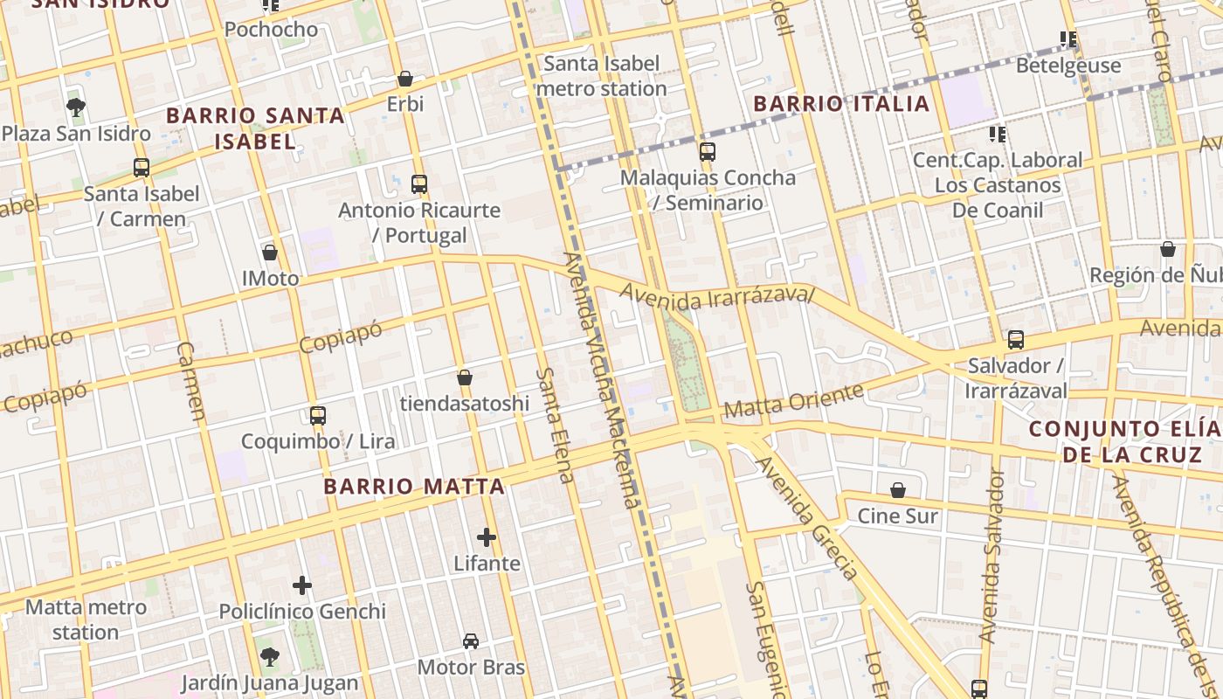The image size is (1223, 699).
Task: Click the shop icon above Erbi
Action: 404,79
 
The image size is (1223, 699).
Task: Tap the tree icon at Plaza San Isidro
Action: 76,107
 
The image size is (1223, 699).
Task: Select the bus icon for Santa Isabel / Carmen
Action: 142,167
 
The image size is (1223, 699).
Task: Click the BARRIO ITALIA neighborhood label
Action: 841,104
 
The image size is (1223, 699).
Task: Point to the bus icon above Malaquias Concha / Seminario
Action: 708,152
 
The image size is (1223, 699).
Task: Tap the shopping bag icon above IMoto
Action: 270,253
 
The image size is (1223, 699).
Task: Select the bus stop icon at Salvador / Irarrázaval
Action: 1015,340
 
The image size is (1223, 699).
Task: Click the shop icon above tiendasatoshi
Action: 465,377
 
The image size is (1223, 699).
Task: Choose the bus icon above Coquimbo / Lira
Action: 318,415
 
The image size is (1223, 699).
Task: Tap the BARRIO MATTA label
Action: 414,487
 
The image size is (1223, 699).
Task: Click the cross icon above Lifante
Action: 487,537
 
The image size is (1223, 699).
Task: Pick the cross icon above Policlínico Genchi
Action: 302,585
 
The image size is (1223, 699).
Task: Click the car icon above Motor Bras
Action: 471,641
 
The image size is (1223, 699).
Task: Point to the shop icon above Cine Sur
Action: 897,490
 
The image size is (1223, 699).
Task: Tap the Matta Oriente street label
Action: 793,399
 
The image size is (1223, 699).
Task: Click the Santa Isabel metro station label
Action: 602,76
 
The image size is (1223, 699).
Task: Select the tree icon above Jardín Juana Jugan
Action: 270,656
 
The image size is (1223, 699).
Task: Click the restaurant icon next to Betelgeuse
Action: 1068,39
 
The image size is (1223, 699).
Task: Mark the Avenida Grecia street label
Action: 807,518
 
